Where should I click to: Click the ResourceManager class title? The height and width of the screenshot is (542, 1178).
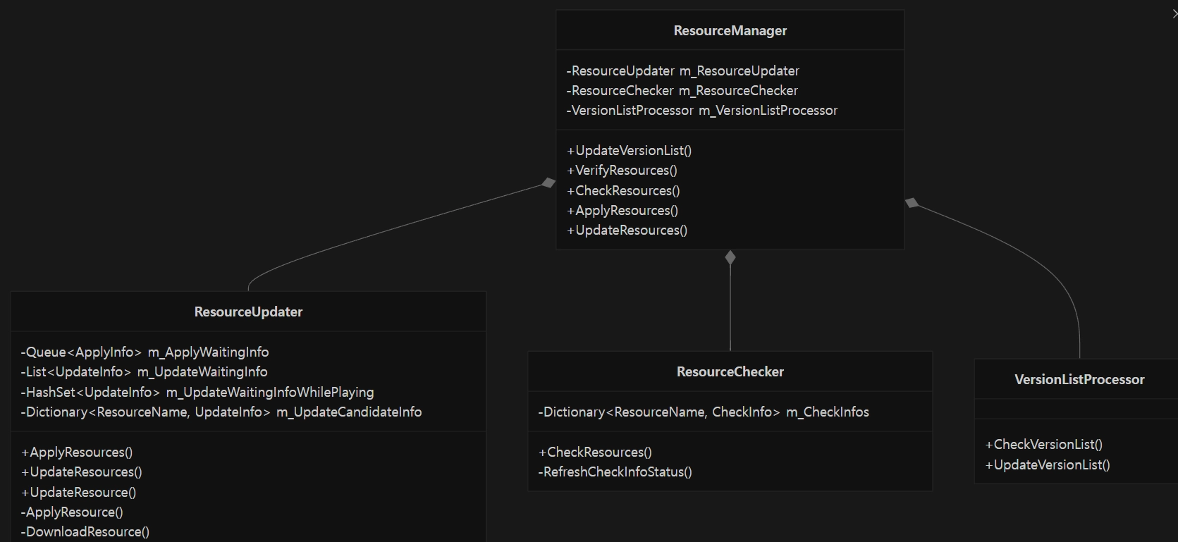point(730,30)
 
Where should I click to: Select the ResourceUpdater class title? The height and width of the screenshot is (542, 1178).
point(248,312)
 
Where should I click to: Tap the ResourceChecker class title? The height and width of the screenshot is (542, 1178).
point(730,371)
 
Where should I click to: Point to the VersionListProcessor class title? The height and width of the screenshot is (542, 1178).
point(1079,380)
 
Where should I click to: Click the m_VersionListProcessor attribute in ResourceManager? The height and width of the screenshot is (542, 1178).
point(702,111)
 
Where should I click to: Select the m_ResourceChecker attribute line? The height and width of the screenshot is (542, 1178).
point(682,90)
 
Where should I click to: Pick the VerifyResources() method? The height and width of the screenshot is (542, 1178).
point(622,171)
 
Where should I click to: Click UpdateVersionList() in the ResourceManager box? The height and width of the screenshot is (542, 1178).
point(629,150)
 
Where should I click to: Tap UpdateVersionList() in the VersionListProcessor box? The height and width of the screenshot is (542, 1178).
point(1048,464)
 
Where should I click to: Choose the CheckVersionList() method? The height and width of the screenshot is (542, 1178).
point(1044,444)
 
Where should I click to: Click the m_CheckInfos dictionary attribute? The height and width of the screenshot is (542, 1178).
point(704,412)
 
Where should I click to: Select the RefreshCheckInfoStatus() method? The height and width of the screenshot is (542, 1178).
point(615,472)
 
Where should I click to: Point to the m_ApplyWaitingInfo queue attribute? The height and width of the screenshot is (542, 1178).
point(145,352)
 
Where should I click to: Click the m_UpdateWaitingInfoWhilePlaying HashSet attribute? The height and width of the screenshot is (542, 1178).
point(197,392)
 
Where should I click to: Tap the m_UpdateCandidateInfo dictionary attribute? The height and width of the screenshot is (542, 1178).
point(221,412)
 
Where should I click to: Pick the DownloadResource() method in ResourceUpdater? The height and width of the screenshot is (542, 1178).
point(85,531)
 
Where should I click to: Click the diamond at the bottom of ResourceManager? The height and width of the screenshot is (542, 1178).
point(730,257)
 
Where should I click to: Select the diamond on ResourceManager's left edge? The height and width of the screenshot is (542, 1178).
point(548,183)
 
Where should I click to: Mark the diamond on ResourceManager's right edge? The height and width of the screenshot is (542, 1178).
point(912,203)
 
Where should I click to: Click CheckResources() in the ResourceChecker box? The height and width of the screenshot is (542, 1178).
point(595,452)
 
